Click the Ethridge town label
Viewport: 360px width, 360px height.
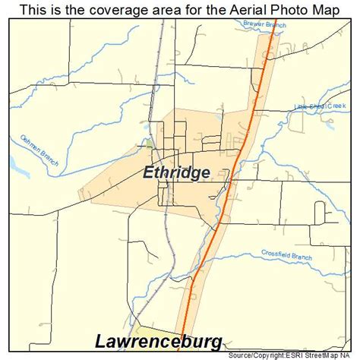(176, 172)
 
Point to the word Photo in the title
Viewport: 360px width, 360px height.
(279, 11)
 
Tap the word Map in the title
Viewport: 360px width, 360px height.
(321, 11)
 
